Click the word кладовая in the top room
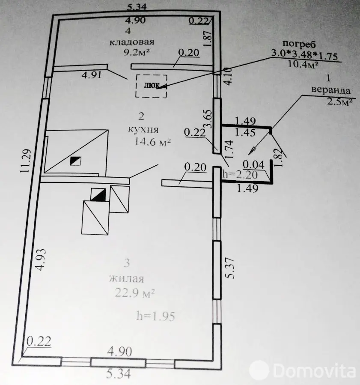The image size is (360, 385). pyautogui.click(x=131, y=42)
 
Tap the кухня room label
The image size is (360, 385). pyautogui.click(x=143, y=129)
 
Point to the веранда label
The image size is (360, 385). pyautogui.click(x=331, y=90)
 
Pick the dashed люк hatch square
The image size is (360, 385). pyautogui.click(x=151, y=86)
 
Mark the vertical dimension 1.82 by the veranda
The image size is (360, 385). pyautogui.click(x=279, y=157)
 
